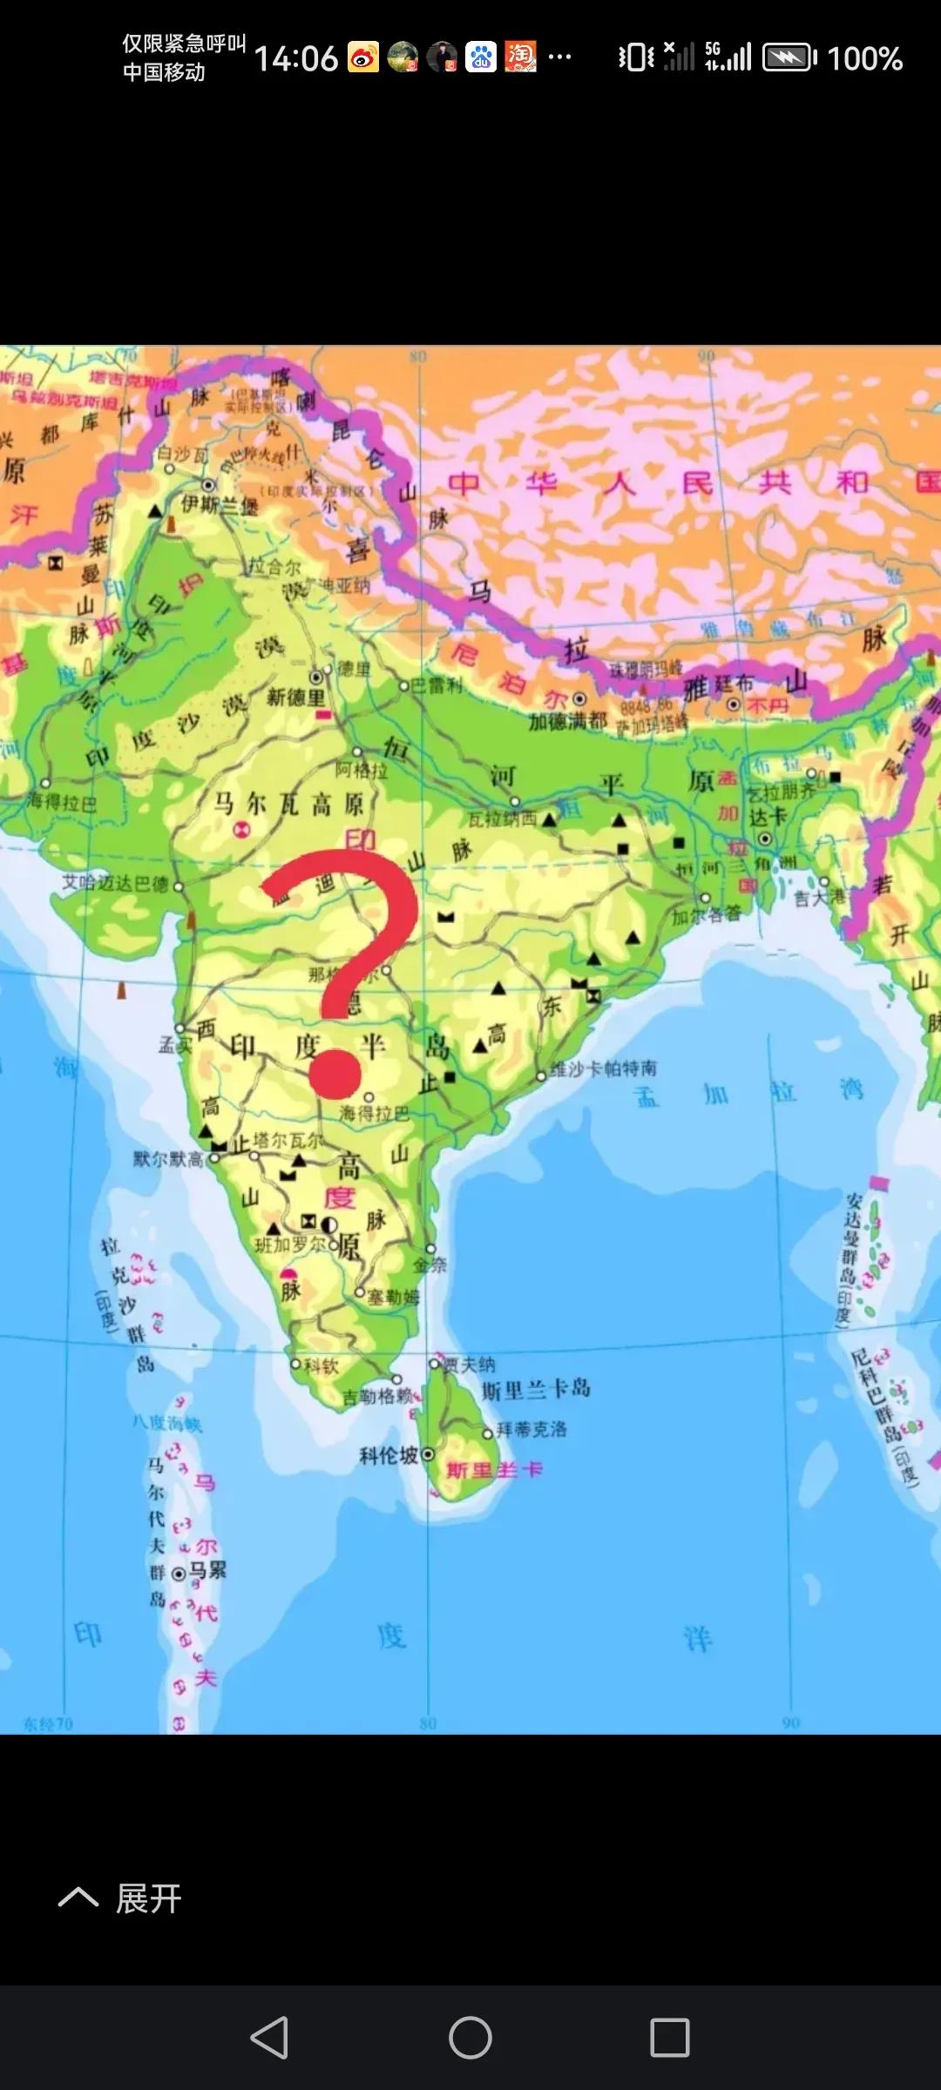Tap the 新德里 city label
(296, 698)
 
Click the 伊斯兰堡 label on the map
(220, 504)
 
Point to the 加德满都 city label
(567, 721)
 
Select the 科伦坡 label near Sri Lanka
(389, 1455)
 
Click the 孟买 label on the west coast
(174, 1043)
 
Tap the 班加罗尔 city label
(290, 1245)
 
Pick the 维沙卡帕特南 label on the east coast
(603, 1069)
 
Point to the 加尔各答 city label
(706, 914)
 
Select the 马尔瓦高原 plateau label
(289, 804)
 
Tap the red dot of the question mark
(335, 1074)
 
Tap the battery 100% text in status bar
(863, 58)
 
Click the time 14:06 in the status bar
(295, 58)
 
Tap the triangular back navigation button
(269, 2038)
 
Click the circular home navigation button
(470, 2038)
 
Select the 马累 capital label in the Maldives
(207, 1570)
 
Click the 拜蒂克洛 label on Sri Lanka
(531, 1429)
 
